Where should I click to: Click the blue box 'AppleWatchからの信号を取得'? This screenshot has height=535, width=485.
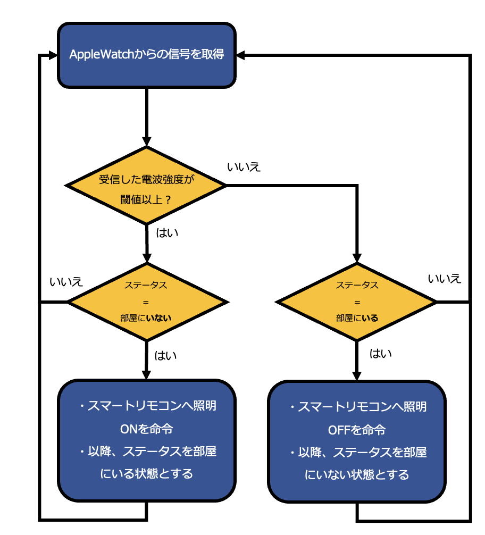[x=147, y=55]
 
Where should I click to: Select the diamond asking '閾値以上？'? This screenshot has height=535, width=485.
[x=146, y=186]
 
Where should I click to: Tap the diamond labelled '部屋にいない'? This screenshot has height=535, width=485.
[x=147, y=302]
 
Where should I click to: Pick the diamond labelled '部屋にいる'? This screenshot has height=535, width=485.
[x=357, y=302]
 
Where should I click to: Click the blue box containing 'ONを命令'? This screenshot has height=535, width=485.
[x=147, y=440]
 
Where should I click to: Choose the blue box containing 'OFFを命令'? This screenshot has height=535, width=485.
[x=357, y=441]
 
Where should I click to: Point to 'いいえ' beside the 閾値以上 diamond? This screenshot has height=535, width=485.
[x=244, y=167]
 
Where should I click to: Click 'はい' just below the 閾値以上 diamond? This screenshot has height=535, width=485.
[x=167, y=233]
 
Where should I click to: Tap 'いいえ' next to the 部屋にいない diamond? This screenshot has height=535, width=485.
[x=66, y=282]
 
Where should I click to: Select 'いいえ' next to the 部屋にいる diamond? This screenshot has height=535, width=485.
[x=445, y=279]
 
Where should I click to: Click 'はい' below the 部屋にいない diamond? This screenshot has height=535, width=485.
[x=165, y=356]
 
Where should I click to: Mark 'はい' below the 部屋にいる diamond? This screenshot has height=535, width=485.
[x=381, y=354]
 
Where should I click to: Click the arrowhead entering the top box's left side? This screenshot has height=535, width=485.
[x=53, y=55]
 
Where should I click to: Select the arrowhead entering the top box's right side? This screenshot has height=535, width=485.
[x=240, y=55]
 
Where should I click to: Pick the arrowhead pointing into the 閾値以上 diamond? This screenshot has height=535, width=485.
[x=147, y=142]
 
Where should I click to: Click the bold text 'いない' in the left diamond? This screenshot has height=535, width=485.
[x=158, y=318]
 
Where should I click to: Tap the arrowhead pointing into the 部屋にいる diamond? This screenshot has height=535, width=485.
[x=357, y=258]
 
